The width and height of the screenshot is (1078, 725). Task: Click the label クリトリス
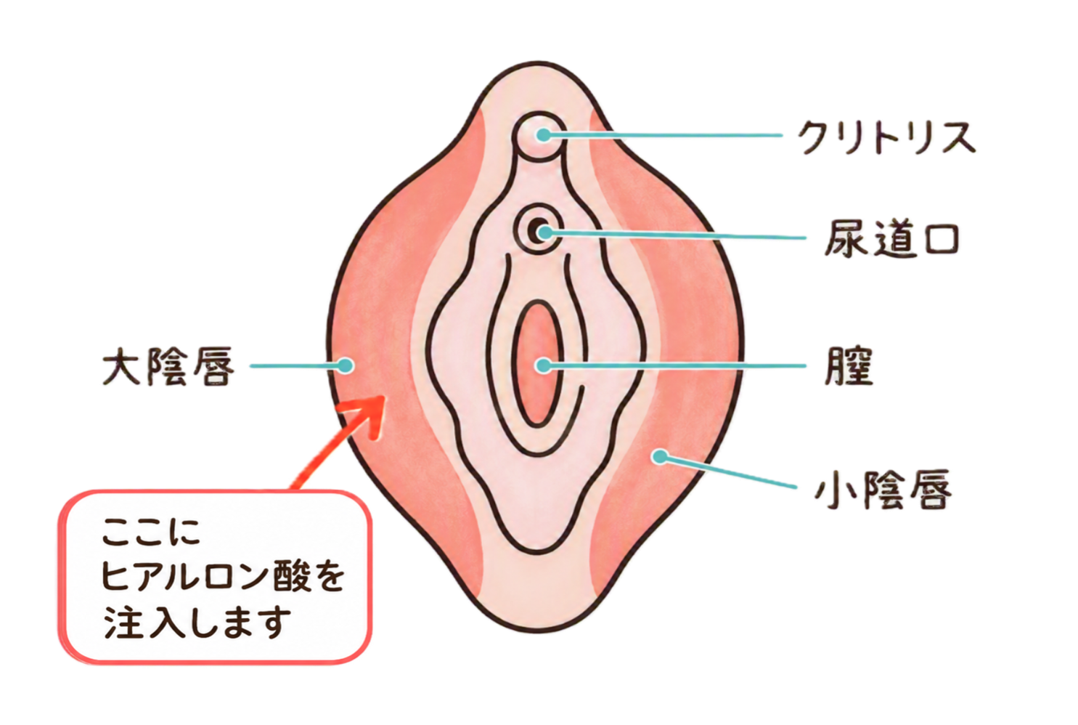click(886, 137)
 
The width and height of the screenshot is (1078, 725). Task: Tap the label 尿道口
click(891, 239)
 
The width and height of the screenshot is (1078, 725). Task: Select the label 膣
click(849, 366)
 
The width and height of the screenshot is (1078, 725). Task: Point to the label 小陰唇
click(883, 490)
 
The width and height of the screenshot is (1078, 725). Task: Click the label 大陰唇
click(168, 366)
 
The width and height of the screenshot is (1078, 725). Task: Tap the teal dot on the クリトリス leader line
click(544, 135)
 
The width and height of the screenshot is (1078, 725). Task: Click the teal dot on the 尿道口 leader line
click(544, 233)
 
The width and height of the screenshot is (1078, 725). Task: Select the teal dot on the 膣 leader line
click(544, 365)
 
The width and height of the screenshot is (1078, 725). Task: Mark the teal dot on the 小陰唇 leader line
click(661, 455)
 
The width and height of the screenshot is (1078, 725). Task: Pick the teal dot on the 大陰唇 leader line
click(345, 365)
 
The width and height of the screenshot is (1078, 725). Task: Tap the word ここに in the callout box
click(151, 532)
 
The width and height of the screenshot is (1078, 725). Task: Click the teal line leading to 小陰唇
click(727, 472)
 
